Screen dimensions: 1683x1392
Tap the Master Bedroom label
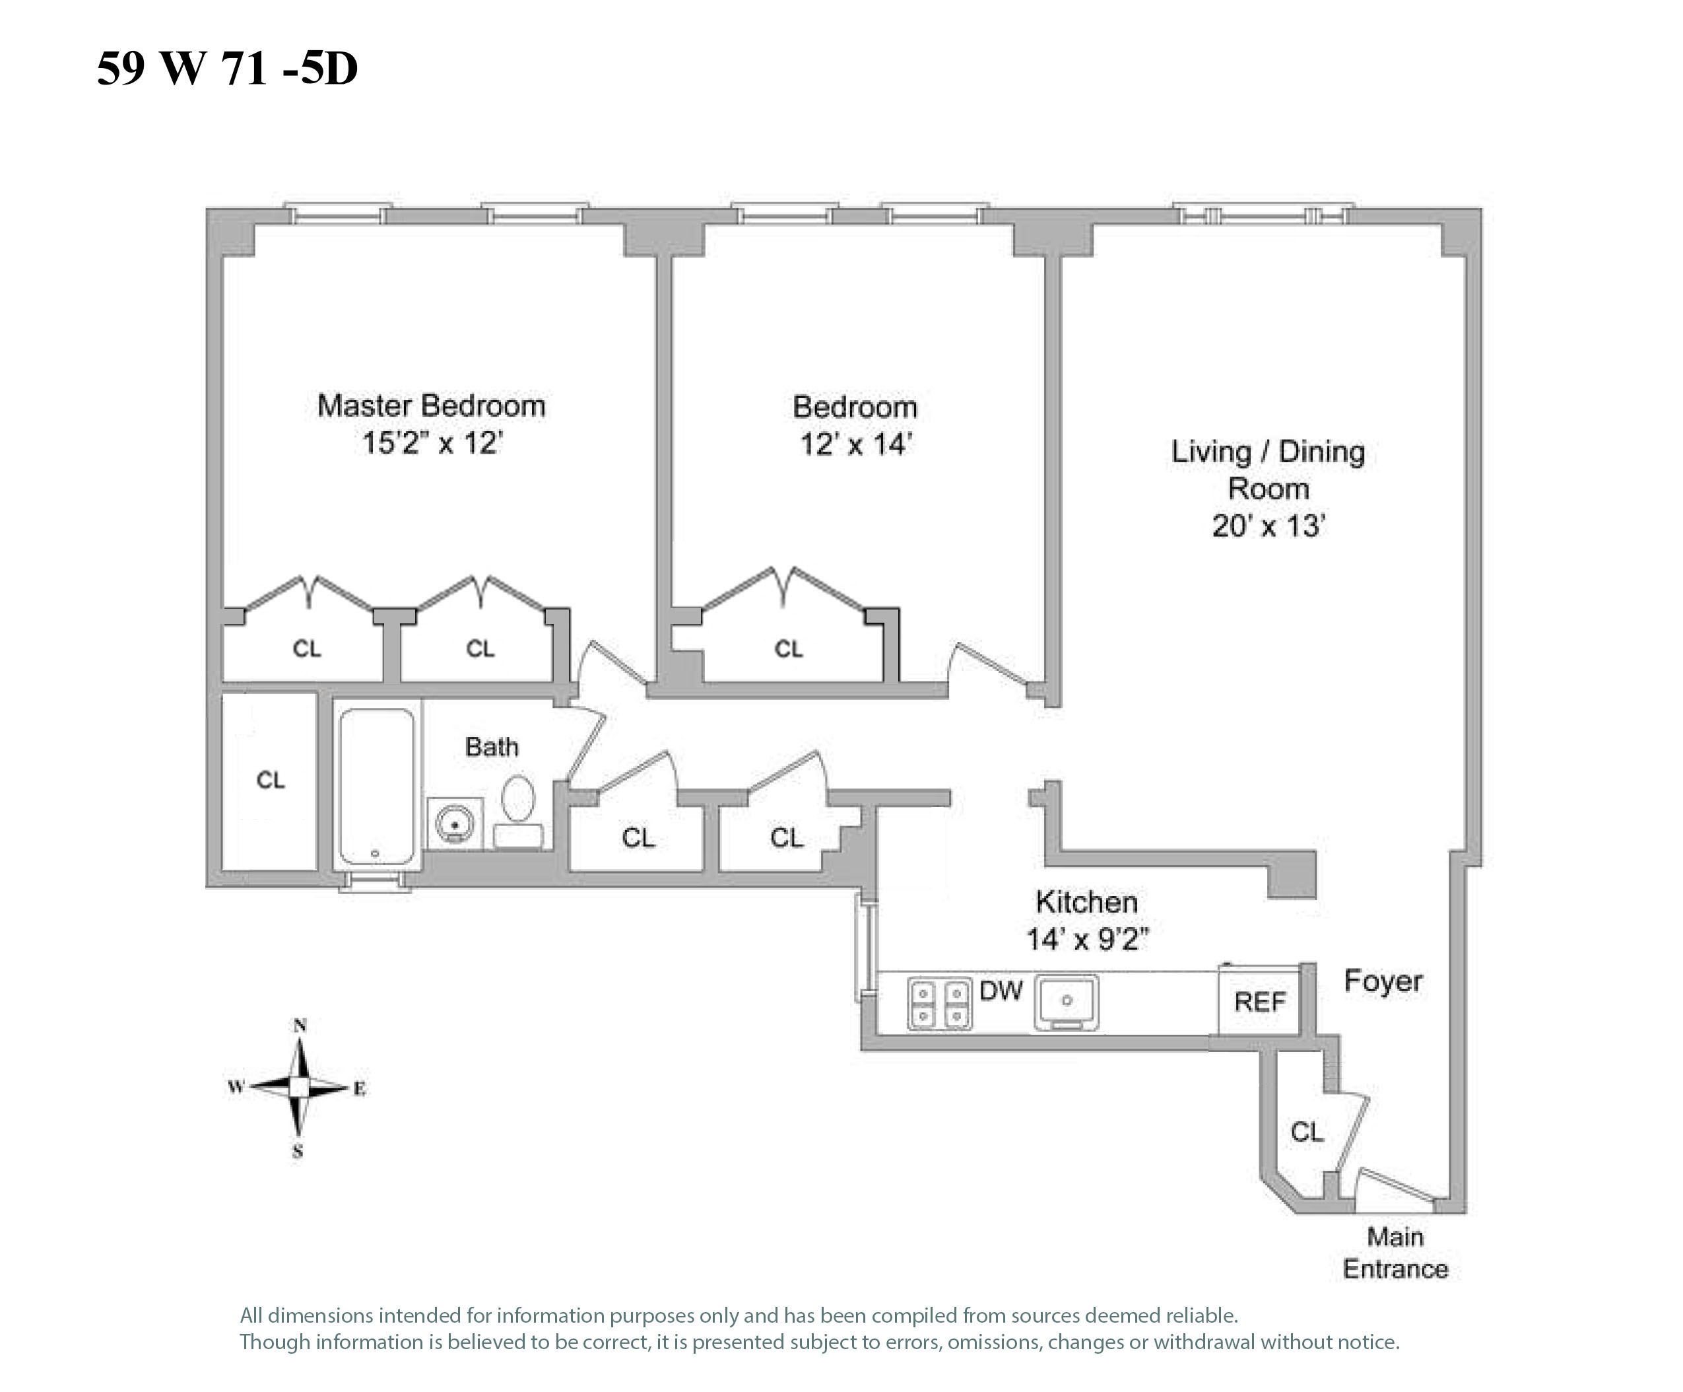[x=431, y=405]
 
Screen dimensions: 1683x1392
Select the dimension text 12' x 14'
[x=856, y=444]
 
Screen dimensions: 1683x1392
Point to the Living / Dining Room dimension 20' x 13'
[x=1268, y=526]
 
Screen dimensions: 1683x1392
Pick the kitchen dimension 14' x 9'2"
[x=1087, y=939]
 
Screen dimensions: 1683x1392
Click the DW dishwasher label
[x=1001, y=991]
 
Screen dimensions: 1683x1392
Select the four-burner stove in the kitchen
[x=939, y=1003]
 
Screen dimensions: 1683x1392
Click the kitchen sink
[x=1066, y=1002]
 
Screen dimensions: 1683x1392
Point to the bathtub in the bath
[x=377, y=786]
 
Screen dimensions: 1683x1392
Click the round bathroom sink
[x=454, y=824]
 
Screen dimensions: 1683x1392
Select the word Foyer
[x=1383, y=981]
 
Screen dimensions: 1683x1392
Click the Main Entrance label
[x=1395, y=1253]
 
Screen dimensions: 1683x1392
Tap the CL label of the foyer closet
[x=1306, y=1132]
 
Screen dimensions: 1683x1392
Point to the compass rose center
[x=299, y=1088]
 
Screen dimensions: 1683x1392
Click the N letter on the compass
[x=300, y=1026]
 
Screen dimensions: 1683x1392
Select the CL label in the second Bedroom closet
[x=789, y=648]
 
